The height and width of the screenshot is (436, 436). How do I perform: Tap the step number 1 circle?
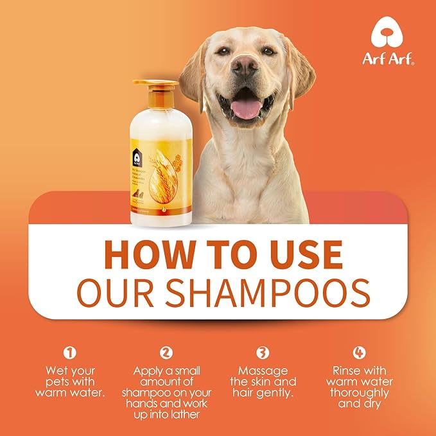[71, 352]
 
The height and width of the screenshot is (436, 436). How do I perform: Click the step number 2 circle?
[166, 352]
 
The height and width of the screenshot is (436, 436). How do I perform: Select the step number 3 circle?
[263, 352]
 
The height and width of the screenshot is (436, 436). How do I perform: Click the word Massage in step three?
[263, 371]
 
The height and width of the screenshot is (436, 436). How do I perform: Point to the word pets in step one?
[58, 382]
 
